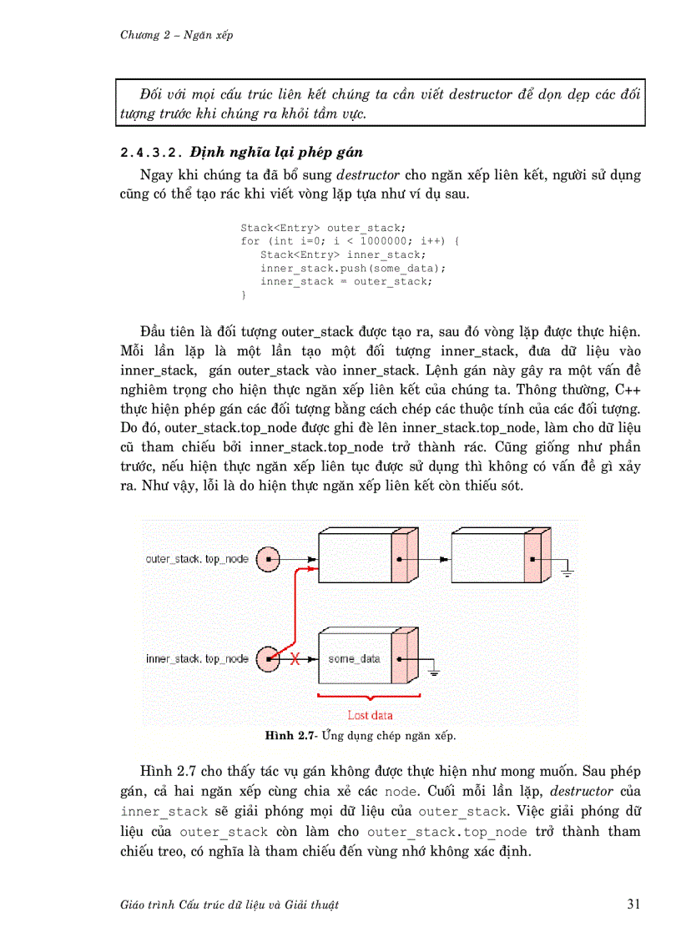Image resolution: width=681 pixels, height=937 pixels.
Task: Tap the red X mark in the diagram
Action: (x=295, y=659)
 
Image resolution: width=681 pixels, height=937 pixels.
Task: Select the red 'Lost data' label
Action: (x=370, y=715)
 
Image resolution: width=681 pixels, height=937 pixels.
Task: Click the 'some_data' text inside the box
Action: (x=354, y=658)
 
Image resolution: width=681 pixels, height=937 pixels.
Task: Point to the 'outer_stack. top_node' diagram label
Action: (x=197, y=558)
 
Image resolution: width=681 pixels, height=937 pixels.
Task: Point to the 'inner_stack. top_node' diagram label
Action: (x=198, y=658)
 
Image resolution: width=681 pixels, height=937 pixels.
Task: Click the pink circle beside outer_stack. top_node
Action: (x=268, y=558)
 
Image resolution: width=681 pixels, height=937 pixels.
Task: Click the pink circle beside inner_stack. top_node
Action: (x=268, y=659)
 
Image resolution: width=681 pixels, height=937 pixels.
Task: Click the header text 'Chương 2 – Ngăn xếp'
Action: (x=176, y=34)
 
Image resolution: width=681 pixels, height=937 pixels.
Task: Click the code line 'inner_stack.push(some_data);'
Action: (x=353, y=268)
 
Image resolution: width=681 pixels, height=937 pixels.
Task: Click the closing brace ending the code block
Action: (x=244, y=295)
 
